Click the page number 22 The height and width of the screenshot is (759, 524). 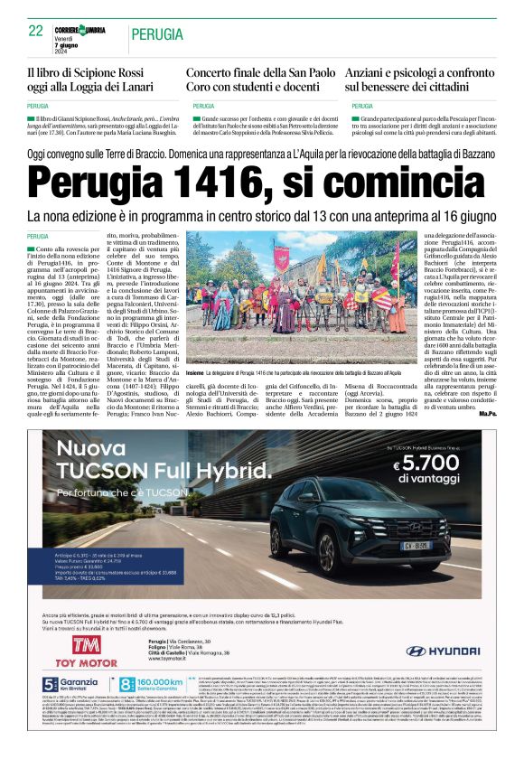(x=36, y=31)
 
